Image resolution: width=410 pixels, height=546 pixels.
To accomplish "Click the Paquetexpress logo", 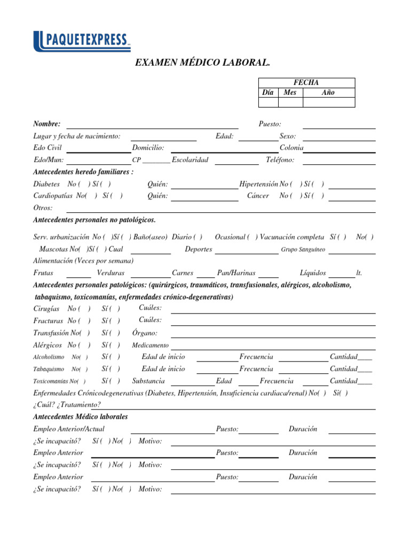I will click(82, 41).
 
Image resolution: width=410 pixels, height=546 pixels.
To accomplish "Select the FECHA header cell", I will click(306, 82).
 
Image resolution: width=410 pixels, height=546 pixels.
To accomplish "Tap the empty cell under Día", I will click(269, 102).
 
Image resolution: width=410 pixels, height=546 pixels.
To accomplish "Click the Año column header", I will click(328, 92).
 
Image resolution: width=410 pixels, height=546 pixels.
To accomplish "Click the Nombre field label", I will click(47, 124).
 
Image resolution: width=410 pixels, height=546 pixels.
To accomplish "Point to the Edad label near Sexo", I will click(224, 136).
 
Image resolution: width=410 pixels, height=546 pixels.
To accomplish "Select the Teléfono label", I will click(280, 159).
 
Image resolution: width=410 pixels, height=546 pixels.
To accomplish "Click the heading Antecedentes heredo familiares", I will click(83, 172).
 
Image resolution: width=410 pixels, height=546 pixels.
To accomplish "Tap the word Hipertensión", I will click(259, 184).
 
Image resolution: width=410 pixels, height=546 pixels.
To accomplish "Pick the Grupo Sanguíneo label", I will click(303, 250).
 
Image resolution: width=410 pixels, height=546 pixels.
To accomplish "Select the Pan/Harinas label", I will click(236, 273).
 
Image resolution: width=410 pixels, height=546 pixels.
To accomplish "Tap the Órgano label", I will click(145, 333).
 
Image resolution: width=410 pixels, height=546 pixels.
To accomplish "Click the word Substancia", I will click(148, 381).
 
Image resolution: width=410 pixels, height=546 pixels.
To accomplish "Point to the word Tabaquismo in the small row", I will click(49, 369).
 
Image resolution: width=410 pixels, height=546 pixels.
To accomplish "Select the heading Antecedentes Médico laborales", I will click(81, 416).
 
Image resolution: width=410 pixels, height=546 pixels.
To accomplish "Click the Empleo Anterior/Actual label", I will click(69, 429).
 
